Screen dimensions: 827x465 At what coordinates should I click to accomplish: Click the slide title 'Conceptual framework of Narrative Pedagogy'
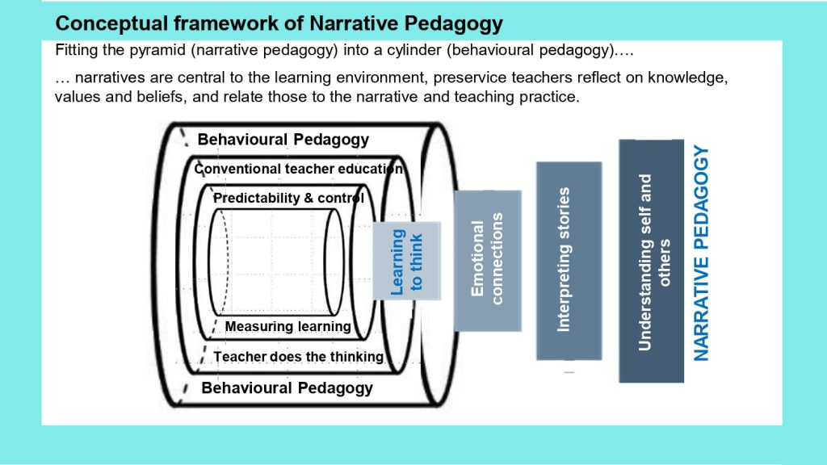click(279, 23)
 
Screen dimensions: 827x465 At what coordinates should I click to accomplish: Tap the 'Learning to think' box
click(407, 261)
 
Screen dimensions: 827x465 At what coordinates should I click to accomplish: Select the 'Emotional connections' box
click(488, 261)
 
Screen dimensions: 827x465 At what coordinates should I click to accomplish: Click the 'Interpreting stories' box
click(569, 261)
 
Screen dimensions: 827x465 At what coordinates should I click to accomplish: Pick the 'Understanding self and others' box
click(652, 261)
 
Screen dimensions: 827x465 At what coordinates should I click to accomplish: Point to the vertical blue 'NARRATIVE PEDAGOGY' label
click(701, 253)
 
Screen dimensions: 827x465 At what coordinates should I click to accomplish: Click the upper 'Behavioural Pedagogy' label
click(283, 140)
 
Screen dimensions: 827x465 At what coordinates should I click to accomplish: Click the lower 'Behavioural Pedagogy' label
click(287, 388)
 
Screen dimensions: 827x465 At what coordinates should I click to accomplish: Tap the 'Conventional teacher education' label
click(299, 169)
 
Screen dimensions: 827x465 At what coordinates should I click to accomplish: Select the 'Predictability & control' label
click(288, 198)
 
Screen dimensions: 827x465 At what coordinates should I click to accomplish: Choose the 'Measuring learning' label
click(288, 326)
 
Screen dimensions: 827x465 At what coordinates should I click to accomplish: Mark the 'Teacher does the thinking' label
click(299, 356)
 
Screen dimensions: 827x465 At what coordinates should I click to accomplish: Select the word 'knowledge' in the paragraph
click(688, 78)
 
